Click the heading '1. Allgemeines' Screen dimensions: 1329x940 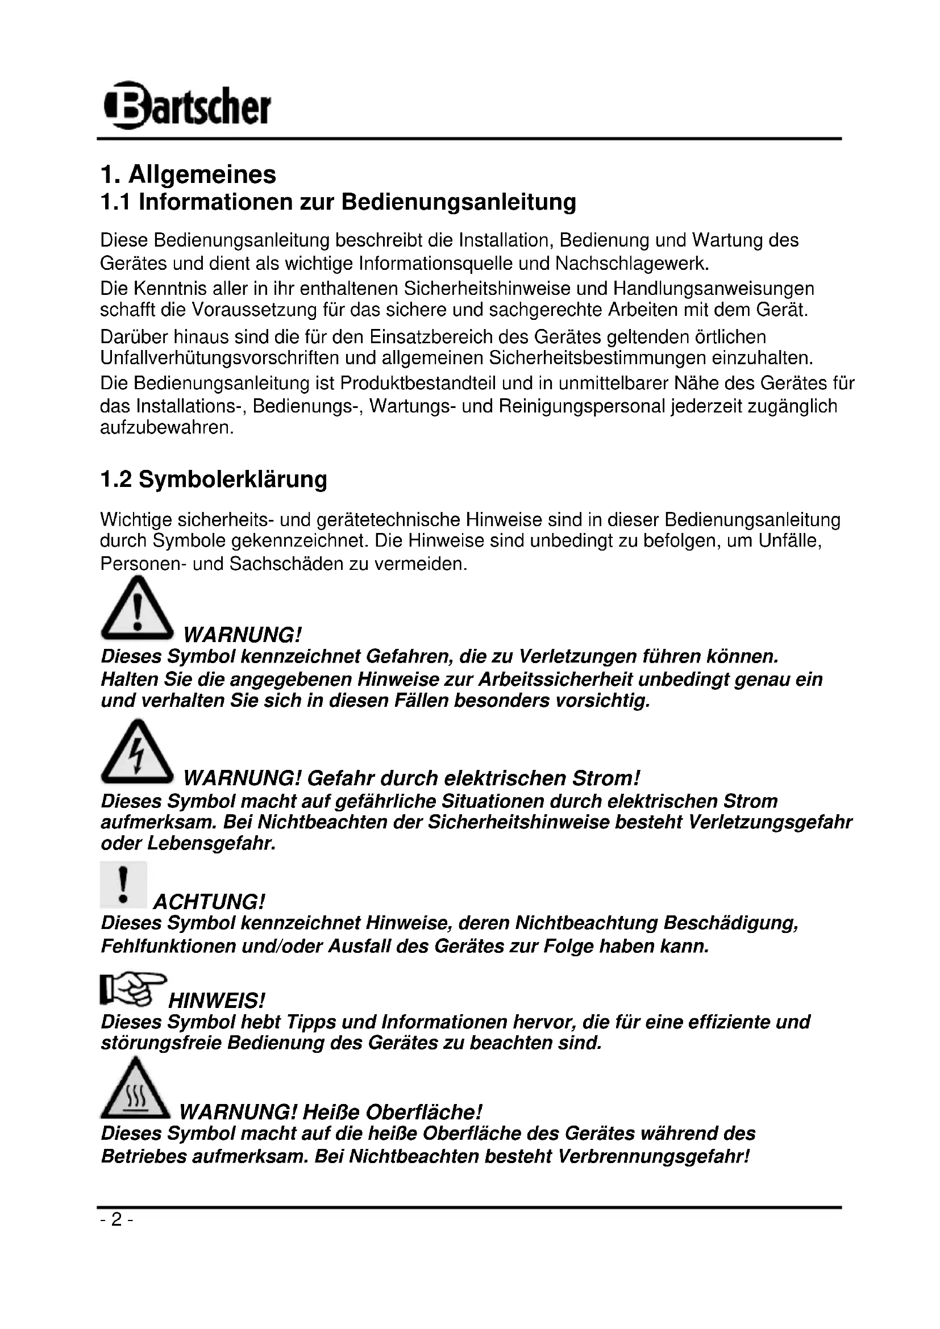click(188, 174)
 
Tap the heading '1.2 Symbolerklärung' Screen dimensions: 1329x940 click(214, 480)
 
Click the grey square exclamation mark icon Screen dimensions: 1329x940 click(123, 885)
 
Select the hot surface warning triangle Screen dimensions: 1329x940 click(135, 1089)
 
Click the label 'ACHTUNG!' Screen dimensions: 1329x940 click(209, 902)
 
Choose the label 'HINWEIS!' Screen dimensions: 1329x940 click(217, 1000)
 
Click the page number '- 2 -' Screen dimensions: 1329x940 click(117, 1220)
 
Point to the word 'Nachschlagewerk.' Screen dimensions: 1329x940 click(632, 264)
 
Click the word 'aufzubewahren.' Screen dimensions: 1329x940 click(167, 428)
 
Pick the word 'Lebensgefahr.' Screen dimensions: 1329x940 click(211, 843)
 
